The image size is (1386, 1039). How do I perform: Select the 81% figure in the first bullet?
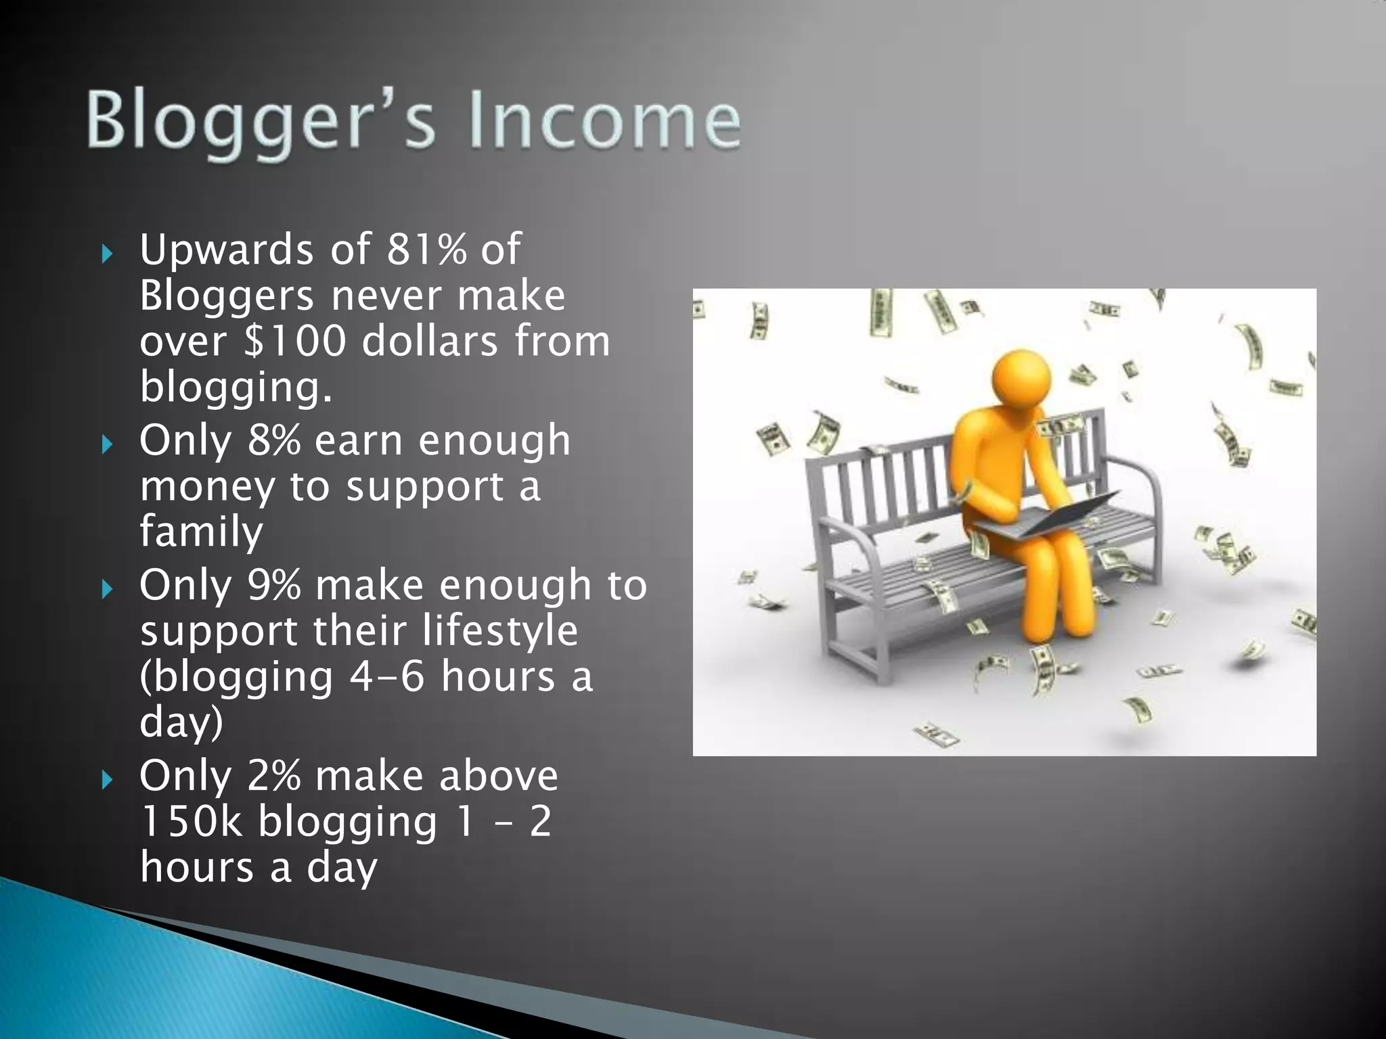click(x=427, y=249)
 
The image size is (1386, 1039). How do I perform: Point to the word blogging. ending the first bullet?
click(x=236, y=387)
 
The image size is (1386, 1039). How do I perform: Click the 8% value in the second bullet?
click(x=274, y=440)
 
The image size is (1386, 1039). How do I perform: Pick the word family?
click(x=201, y=532)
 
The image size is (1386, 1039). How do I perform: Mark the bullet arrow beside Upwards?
click(x=106, y=254)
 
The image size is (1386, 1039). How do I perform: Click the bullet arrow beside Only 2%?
click(x=106, y=781)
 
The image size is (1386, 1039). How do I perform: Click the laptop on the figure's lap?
click(x=1042, y=517)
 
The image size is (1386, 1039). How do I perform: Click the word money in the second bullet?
click(x=206, y=487)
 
